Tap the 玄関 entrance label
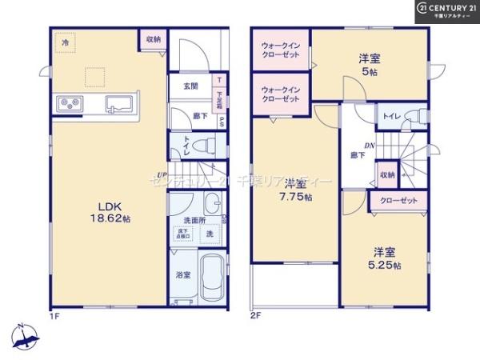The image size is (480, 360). [190, 86]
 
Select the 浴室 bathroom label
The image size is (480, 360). [183, 274]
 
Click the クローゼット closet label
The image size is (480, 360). [398, 201]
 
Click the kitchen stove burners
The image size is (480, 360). [67, 102]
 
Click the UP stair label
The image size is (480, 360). [162, 175]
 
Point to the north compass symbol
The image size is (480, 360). [26, 336]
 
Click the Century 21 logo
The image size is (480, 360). [444, 10]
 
